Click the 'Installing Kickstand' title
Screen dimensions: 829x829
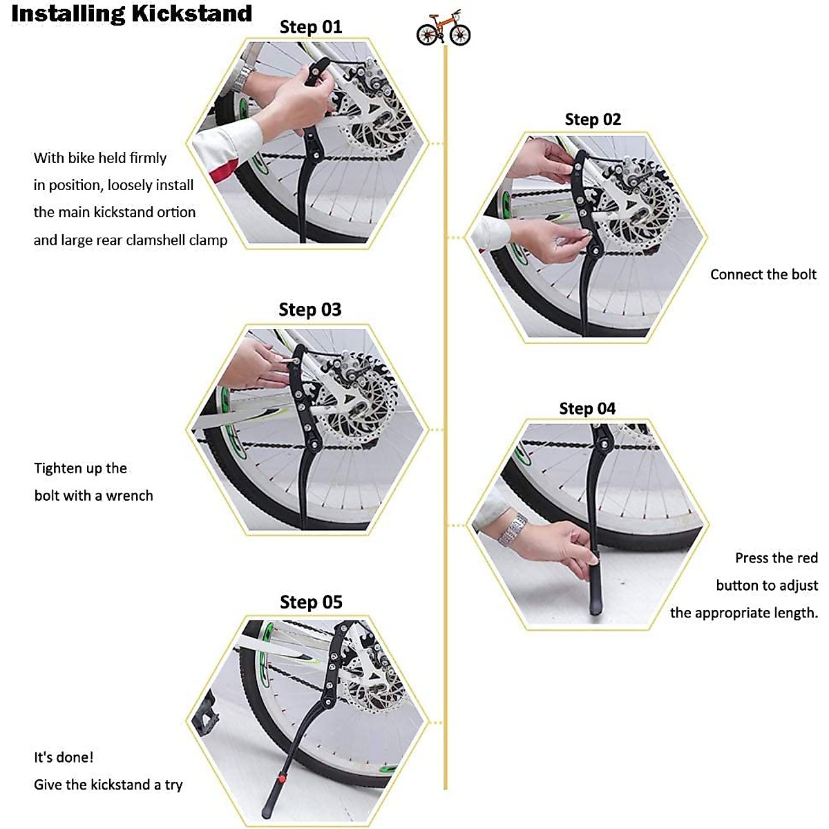coord(131,14)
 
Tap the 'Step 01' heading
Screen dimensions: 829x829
coord(311,28)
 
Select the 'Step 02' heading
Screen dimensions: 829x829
coord(593,120)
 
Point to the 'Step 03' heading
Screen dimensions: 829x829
coord(310,309)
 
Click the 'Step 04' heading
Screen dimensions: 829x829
coord(587,409)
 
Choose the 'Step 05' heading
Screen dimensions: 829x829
coord(311,602)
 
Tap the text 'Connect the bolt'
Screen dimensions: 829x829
coord(763,274)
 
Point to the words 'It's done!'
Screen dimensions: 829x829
coord(64,757)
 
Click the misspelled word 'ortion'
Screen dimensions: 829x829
coord(176,213)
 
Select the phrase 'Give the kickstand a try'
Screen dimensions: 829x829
coord(108,785)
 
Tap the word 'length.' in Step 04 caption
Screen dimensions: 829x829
coord(795,613)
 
